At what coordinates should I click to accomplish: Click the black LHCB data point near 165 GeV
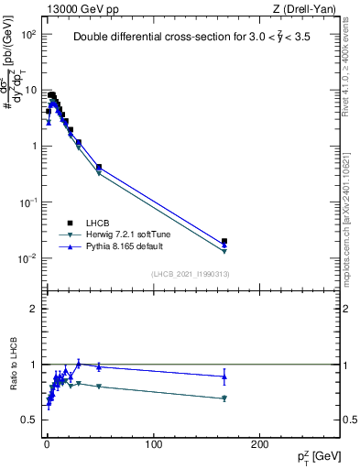(224, 241)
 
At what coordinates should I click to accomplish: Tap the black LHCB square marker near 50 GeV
(99, 167)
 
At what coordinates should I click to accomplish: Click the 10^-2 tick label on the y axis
(27, 258)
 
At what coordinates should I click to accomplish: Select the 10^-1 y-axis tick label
(27, 202)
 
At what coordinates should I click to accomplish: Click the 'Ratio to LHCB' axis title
(13, 364)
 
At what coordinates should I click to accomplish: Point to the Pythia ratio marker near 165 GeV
(224, 376)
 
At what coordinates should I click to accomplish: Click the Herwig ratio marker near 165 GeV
(224, 398)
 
